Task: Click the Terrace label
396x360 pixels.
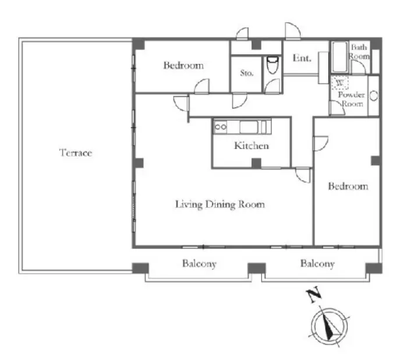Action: coord(76,153)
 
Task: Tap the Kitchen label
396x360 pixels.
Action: coord(252,146)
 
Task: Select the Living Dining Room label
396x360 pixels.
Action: coord(220,204)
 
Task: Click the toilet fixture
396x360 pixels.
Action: coord(273,65)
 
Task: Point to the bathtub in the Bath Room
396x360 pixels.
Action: coord(340,57)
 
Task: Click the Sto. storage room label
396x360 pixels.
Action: coord(246,73)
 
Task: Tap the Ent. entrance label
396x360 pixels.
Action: coord(302,58)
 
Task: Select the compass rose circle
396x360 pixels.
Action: coord(330,309)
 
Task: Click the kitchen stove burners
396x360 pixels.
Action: coord(220,127)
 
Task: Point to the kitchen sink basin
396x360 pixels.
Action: coord(249,127)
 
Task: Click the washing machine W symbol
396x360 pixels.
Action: coord(340,83)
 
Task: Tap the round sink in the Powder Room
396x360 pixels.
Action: coord(374,96)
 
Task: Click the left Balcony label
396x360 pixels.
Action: coord(199,264)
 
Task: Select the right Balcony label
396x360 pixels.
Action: coord(317,264)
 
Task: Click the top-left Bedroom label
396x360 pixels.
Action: coord(183,65)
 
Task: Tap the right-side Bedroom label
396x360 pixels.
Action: coord(348,186)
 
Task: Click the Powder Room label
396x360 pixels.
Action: coord(351,99)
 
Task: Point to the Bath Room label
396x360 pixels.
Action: coord(359,51)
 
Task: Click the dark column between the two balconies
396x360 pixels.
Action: coord(257,268)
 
